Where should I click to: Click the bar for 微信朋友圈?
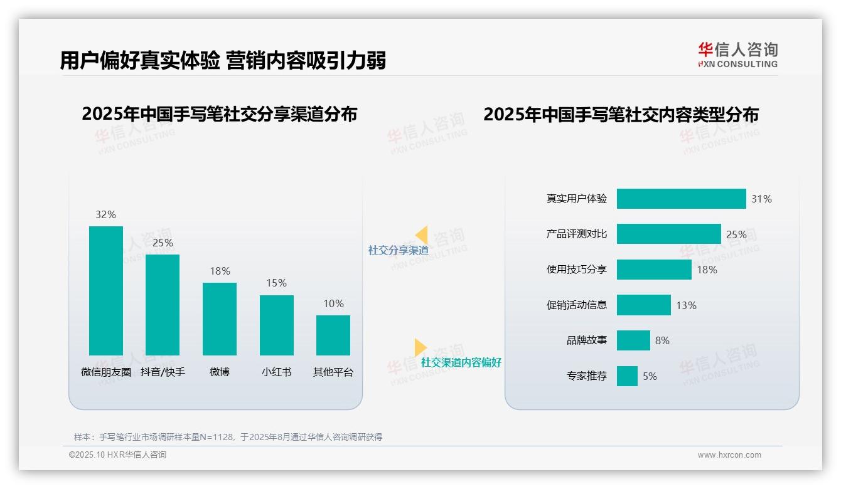[x=106, y=291]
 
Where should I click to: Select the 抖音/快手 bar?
[x=163, y=305]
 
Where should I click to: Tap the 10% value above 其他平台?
[x=333, y=304]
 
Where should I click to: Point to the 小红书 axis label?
[x=276, y=372]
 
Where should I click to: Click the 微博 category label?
[x=220, y=372]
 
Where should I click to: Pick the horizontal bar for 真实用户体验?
[x=681, y=199]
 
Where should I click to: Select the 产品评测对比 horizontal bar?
[x=668, y=234]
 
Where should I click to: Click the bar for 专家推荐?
[x=627, y=376]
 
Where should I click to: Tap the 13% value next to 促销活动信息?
[x=686, y=305]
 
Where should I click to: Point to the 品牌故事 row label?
[x=587, y=340]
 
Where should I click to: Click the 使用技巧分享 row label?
[x=577, y=270]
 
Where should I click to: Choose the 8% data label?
[x=662, y=340]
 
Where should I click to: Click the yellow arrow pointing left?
[x=421, y=235]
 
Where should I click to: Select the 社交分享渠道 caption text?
[x=399, y=250]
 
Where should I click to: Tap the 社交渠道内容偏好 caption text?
[x=461, y=362]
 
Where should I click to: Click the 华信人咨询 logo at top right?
[x=737, y=55]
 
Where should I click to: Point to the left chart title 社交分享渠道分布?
[x=219, y=114]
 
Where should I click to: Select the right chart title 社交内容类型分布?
[x=621, y=114]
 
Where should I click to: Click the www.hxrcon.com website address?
[x=729, y=455]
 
